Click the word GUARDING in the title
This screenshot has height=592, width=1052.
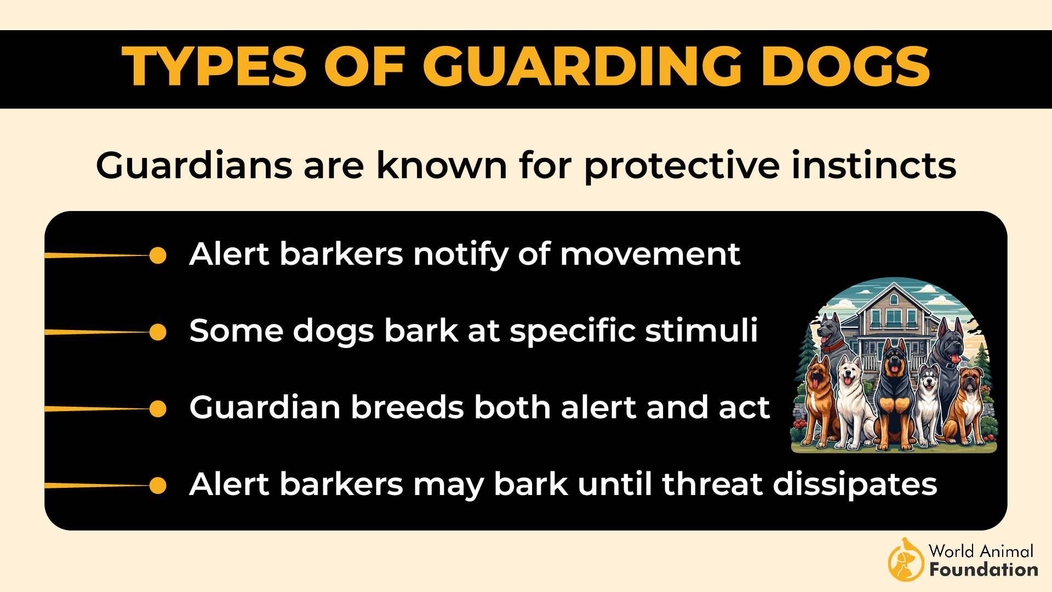coord(582,67)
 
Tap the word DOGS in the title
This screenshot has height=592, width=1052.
coord(845,67)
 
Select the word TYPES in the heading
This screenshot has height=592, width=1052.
coord(214,67)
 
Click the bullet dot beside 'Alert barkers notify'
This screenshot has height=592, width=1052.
coord(158,255)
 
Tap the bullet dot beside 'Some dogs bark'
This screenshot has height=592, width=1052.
coord(158,332)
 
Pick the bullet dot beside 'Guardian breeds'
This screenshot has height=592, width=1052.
coord(158,409)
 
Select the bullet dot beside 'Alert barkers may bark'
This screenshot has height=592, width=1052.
coord(158,486)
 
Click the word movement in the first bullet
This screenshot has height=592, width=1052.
coord(650,254)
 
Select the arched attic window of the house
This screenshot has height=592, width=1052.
coord(894,299)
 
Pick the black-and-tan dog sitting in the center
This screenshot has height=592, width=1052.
coord(894,395)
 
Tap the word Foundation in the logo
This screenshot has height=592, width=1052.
coord(984,570)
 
